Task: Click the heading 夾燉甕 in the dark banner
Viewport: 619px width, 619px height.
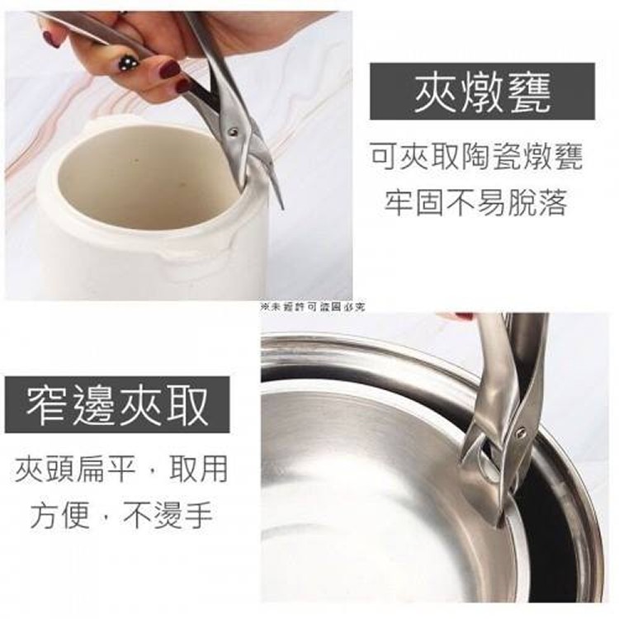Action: click(x=481, y=92)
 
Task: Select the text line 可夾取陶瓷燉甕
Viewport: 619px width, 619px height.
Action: click(x=476, y=155)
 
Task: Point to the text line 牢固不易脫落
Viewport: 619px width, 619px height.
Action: click(x=476, y=202)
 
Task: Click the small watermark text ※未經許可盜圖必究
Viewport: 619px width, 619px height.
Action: click(x=312, y=306)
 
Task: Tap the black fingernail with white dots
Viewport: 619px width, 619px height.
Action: click(x=128, y=62)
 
